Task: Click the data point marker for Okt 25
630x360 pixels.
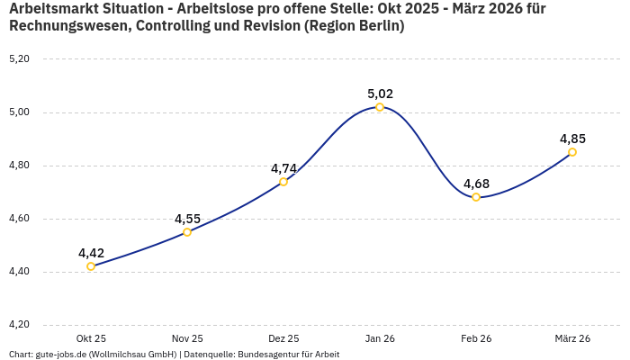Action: pos(91,266)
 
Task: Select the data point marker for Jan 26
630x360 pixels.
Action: pos(380,107)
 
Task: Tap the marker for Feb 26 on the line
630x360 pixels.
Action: pos(476,197)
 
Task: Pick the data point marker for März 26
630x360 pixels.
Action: pos(572,152)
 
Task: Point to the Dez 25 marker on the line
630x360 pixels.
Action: pos(283,182)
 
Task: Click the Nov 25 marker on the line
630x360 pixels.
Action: pos(187,232)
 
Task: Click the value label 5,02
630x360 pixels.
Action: pos(380,94)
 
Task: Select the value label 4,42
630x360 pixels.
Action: pos(91,253)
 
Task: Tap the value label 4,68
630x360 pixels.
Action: pos(476,184)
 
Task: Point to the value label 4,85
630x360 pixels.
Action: pos(572,139)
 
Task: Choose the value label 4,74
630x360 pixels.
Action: pos(283,168)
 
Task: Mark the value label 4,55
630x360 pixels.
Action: pos(187,219)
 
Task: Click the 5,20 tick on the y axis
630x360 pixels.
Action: pos(19,59)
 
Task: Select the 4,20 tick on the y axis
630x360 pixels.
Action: pos(19,325)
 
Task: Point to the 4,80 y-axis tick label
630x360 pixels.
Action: pos(19,166)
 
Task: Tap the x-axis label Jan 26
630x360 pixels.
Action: pos(380,338)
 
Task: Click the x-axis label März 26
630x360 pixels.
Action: pos(572,338)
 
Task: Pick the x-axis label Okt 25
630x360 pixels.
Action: pos(91,338)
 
